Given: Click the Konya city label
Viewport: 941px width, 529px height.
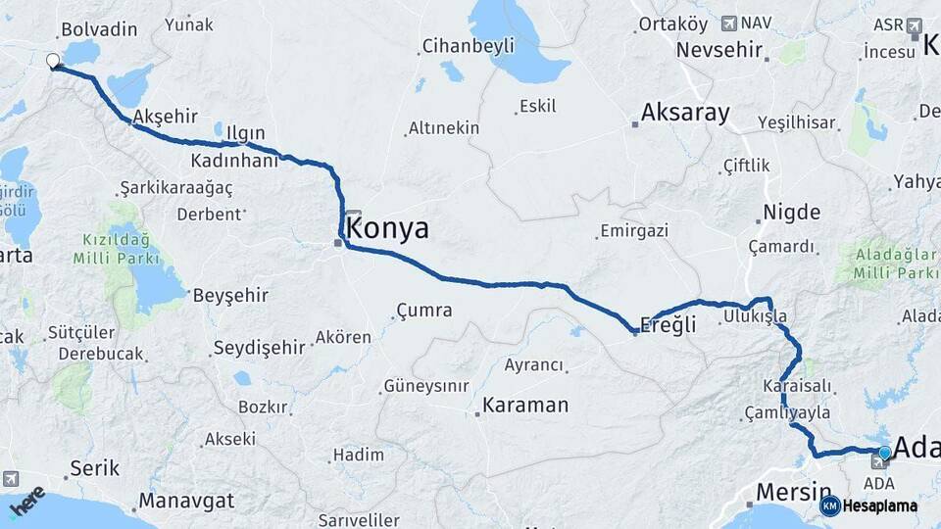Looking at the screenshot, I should click(388, 228).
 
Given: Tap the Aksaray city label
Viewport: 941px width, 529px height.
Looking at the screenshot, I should click(685, 113).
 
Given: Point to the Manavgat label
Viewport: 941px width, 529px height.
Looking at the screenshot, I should click(186, 501).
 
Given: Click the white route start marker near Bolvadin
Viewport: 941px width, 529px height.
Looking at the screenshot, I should click(53, 61).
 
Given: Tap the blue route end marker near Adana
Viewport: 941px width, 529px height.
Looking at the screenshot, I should click(885, 452).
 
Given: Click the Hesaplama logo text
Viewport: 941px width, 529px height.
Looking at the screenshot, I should click(879, 506).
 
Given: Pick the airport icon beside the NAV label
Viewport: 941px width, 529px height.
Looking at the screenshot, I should click(728, 23).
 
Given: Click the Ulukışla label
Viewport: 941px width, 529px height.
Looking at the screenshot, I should click(755, 316).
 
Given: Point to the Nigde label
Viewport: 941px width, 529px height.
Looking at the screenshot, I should click(791, 212).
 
